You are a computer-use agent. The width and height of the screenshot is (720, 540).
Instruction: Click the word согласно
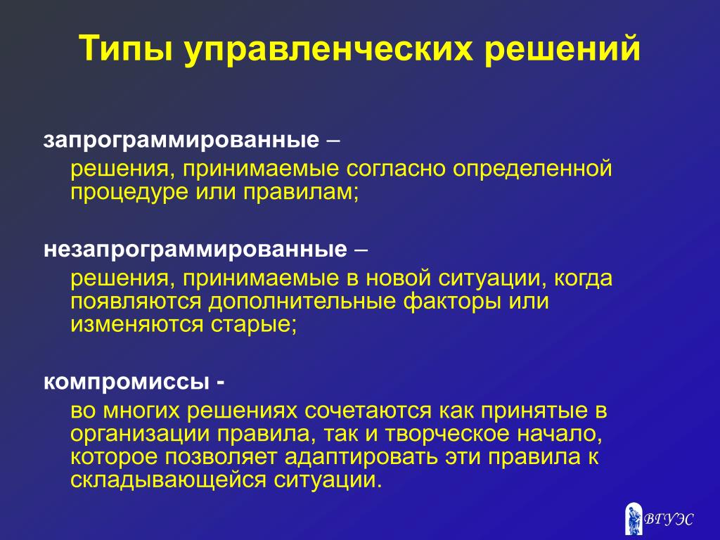click(396, 169)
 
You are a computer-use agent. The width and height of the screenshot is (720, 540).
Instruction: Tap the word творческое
click(446, 434)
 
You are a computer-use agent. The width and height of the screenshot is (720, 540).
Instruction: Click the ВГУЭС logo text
click(669, 520)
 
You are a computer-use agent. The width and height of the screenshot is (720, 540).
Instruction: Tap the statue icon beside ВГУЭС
click(634, 519)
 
